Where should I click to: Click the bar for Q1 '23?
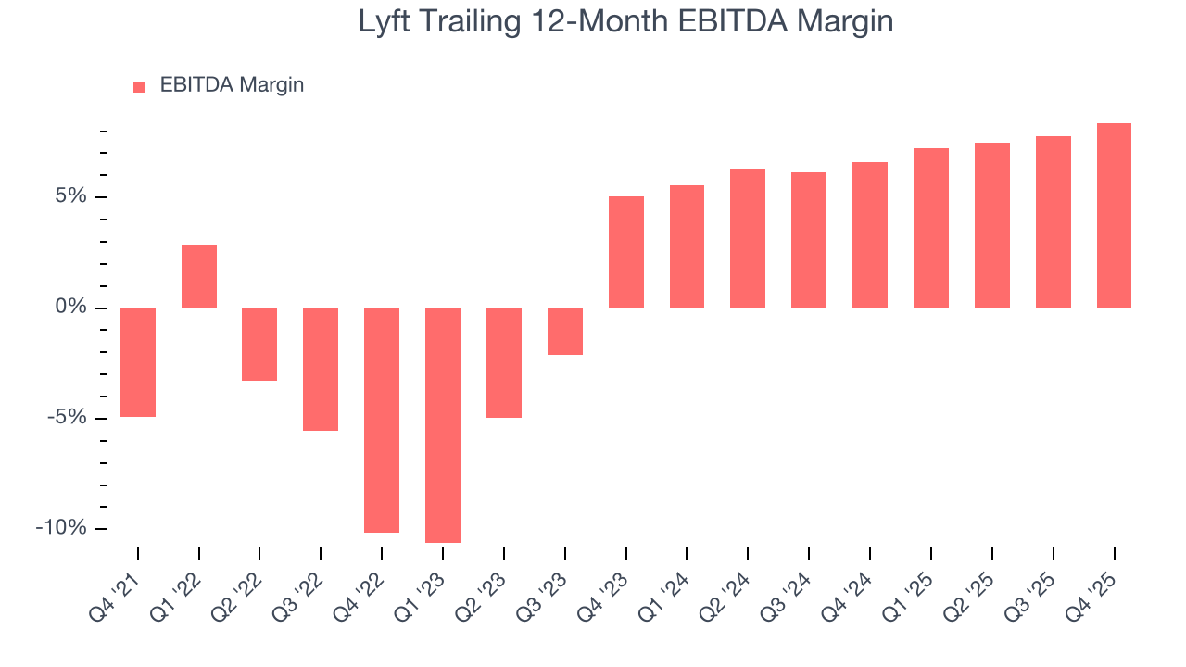(443, 425)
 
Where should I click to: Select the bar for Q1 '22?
(199, 277)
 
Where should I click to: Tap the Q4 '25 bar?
(1114, 216)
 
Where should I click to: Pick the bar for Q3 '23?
(565, 332)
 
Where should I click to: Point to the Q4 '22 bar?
(382, 421)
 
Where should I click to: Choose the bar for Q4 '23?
(626, 252)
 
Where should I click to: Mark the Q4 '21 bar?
(138, 362)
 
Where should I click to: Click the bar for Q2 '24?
(748, 238)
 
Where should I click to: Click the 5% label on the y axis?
(70, 197)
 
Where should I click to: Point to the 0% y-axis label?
(70, 308)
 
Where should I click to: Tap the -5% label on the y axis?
(67, 418)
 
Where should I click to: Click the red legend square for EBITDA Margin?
(139, 86)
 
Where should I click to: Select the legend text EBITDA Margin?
(232, 85)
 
